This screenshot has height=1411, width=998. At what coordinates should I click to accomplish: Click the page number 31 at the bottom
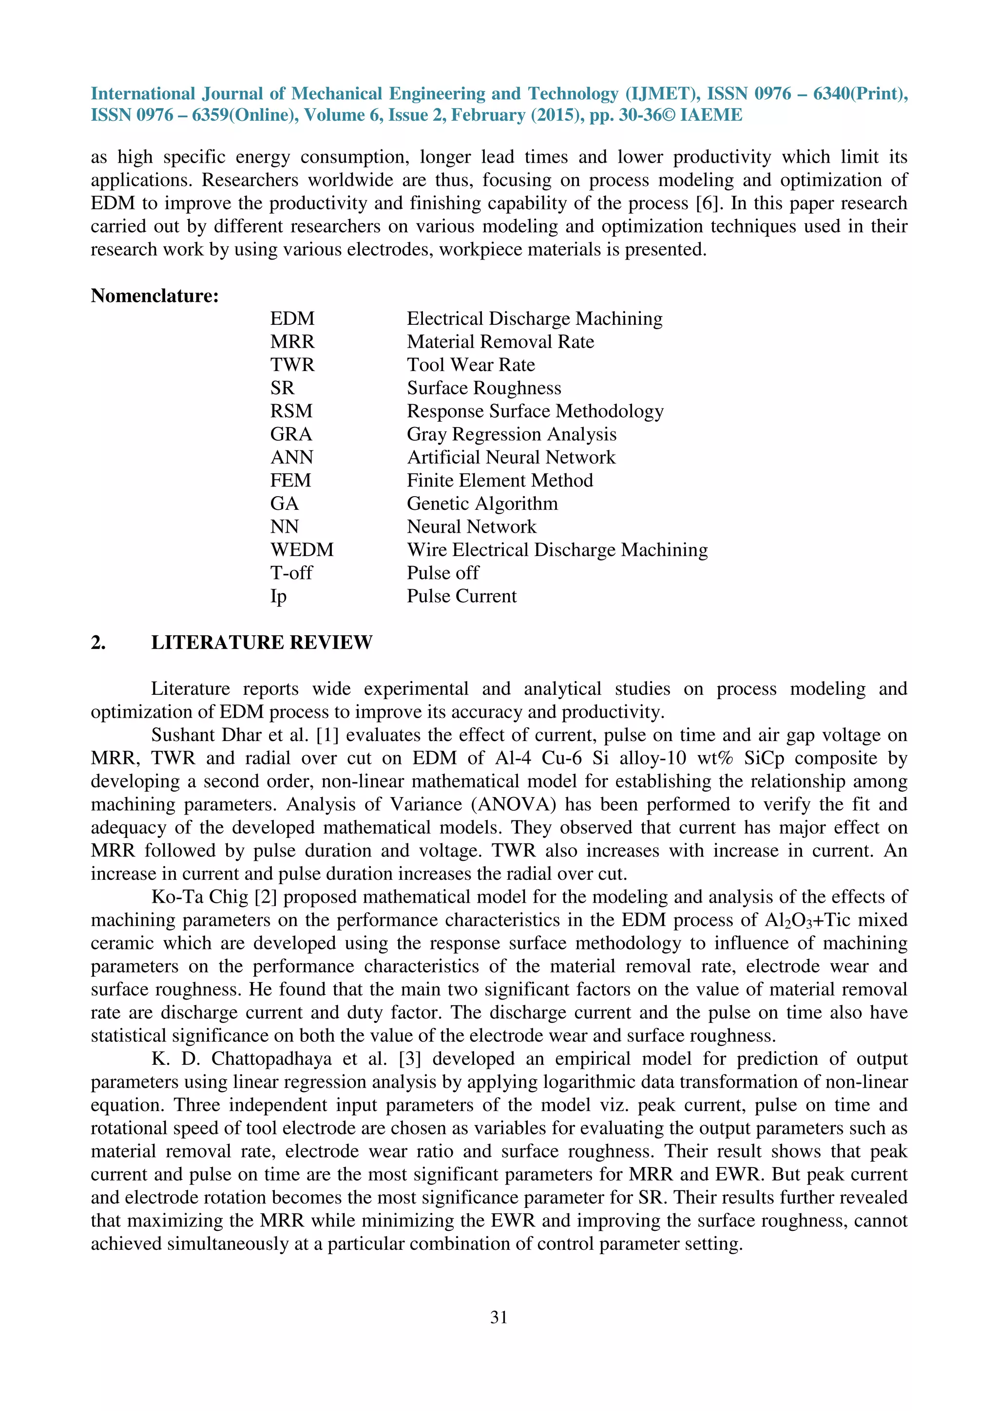[499, 1317]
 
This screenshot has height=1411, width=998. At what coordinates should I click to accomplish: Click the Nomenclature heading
[155, 296]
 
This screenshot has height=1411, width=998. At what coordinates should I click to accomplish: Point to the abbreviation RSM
[291, 411]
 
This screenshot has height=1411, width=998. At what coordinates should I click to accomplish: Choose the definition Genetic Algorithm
[482, 503]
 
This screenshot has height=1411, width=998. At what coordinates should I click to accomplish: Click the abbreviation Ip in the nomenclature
[279, 596]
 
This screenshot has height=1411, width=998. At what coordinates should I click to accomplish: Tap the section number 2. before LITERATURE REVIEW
[98, 642]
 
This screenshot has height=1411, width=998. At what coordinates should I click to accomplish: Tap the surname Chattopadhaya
[268, 1059]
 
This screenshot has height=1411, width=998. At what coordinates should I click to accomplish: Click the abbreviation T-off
[291, 573]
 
